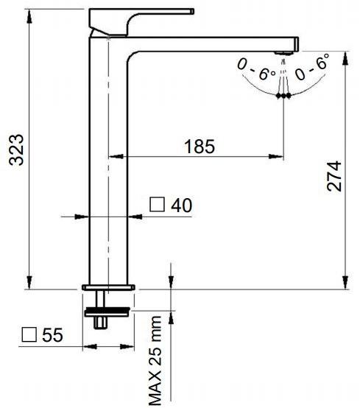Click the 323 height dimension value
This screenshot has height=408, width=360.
(16, 150)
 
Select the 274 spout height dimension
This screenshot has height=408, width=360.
(334, 176)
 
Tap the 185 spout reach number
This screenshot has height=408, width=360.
(200, 147)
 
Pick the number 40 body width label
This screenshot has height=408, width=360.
(182, 205)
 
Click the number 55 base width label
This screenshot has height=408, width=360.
(52, 334)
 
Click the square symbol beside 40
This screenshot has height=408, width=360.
(157, 204)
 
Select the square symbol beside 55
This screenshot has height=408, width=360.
(29, 334)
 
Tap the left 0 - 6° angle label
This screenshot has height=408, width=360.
(256, 69)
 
